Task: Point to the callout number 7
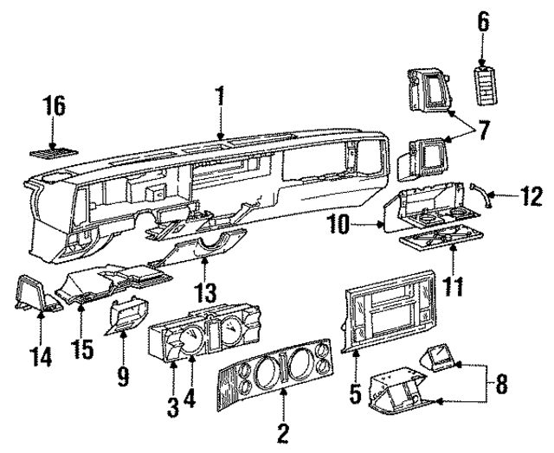click(483, 132)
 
